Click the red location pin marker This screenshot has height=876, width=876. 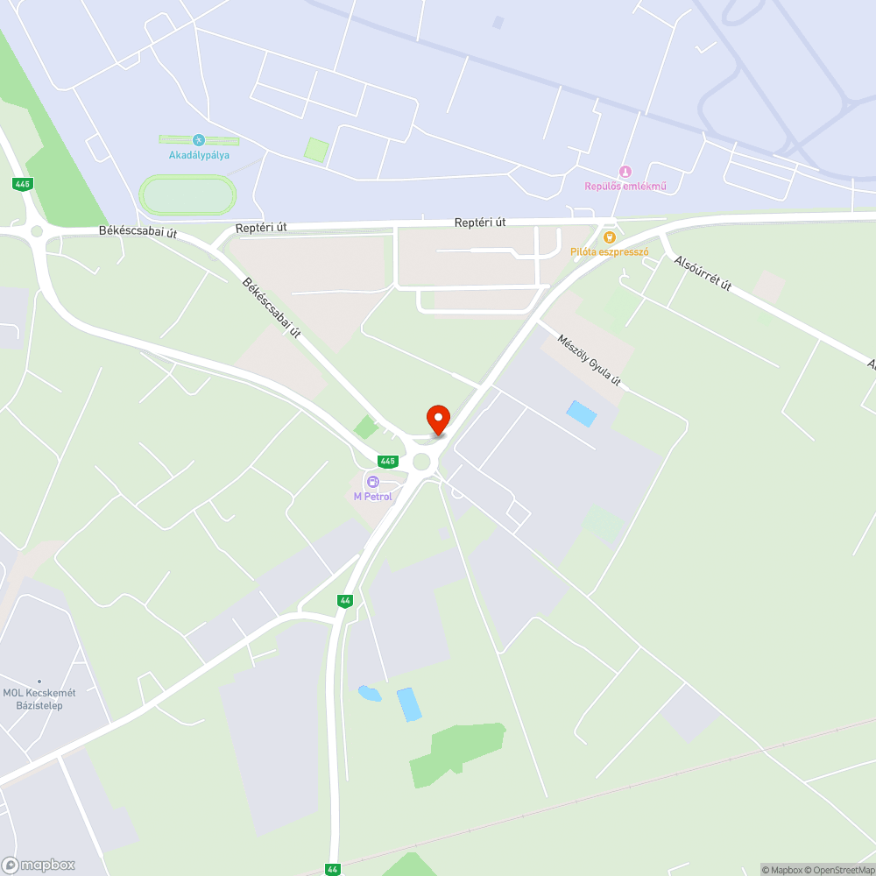coord(438,419)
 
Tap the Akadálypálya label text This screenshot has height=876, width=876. coord(199,155)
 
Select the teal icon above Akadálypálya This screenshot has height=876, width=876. coord(199,140)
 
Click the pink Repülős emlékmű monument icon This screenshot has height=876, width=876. coord(625,172)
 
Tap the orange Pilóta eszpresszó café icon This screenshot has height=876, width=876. coord(610,237)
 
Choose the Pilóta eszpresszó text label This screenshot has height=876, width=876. coord(609,251)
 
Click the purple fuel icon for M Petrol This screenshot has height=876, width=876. coord(373,482)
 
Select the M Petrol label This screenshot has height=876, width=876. coord(373,497)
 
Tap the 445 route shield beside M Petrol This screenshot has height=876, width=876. coord(387,461)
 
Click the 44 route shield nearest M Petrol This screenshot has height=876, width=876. coord(345,600)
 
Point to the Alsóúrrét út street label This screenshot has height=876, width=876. coord(703,275)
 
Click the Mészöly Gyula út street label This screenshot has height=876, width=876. coord(590,357)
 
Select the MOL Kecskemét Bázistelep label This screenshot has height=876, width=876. coord(39,699)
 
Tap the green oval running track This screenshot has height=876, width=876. coord(187,195)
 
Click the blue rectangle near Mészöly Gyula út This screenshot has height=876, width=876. coord(582,413)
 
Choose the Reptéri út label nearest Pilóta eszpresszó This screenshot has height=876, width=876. coord(480,223)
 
